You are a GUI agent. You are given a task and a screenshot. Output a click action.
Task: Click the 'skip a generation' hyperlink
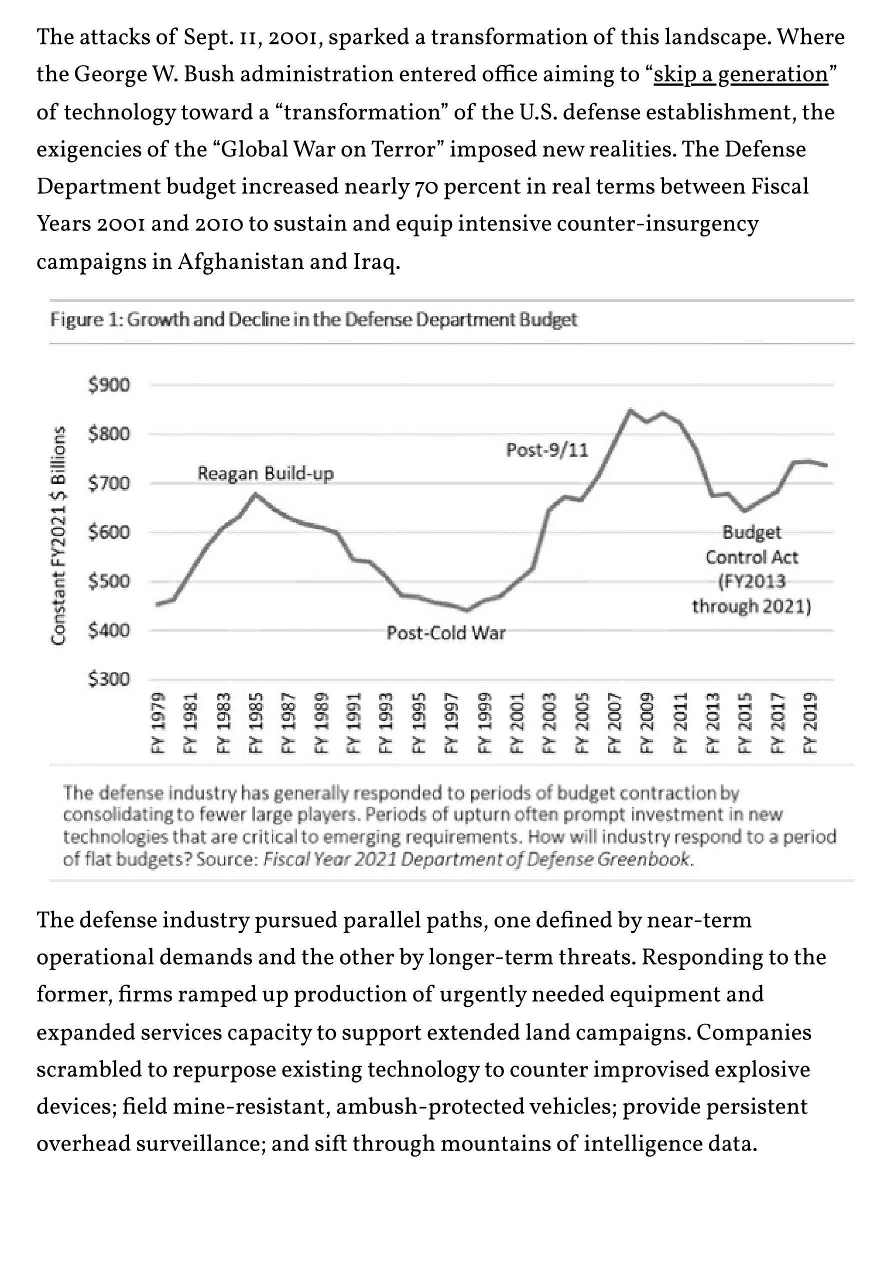(x=740, y=74)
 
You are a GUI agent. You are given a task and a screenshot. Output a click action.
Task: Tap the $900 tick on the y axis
(x=109, y=385)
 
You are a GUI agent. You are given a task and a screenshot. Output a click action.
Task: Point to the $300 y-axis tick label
(x=109, y=679)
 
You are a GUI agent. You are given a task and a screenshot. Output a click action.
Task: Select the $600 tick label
(x=109, y=532)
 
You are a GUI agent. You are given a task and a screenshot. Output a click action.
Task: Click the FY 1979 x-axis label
(x=158, y=723)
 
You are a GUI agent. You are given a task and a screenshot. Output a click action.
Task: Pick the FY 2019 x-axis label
(x=810, y=723)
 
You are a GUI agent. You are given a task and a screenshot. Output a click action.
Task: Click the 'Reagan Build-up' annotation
(x=265, y=473)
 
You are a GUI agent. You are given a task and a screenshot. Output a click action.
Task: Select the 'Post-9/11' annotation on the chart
(x=547, y=450)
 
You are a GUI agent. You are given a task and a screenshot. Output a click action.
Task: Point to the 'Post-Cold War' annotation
(x=445, y=633)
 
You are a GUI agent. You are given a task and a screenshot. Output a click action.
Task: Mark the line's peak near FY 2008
(x=630, y=410)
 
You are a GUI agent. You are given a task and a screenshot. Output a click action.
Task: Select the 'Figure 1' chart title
(x=313, y=320)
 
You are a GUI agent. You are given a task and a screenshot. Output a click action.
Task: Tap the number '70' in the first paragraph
(x=424, y=187)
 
